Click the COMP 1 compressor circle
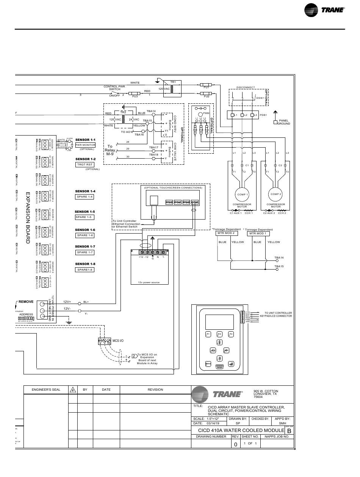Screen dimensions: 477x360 click(x=243, y=194)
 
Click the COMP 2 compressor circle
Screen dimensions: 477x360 click(x=275, y=194)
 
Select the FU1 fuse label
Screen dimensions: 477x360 click(x=207, y=87)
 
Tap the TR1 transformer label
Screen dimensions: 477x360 click(x=173, y=82)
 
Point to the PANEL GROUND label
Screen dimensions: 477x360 click(x=283, y=122)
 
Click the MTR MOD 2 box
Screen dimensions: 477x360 click(x=225, y=234)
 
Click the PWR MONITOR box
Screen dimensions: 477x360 click(x=85, y=145)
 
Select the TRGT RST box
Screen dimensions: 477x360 click(x=85, y=165)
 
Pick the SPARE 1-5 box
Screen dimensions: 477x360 click(x=85, y=217)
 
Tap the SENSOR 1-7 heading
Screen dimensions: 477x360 click(x=85, y=246)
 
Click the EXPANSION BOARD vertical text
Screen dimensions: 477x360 click(x=27, y=218)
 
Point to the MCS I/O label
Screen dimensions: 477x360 click(x=118, y=341)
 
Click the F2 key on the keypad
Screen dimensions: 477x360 click(x=219, y=334)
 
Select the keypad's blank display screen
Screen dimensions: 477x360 click(x=219, y=322)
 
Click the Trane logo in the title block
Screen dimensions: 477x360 click(x=217, y=394)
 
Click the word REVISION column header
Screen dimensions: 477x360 click(x=155, y=390)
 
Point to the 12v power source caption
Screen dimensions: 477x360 click(x=150, y=282)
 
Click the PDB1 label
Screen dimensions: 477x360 click(x=263, y=115)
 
